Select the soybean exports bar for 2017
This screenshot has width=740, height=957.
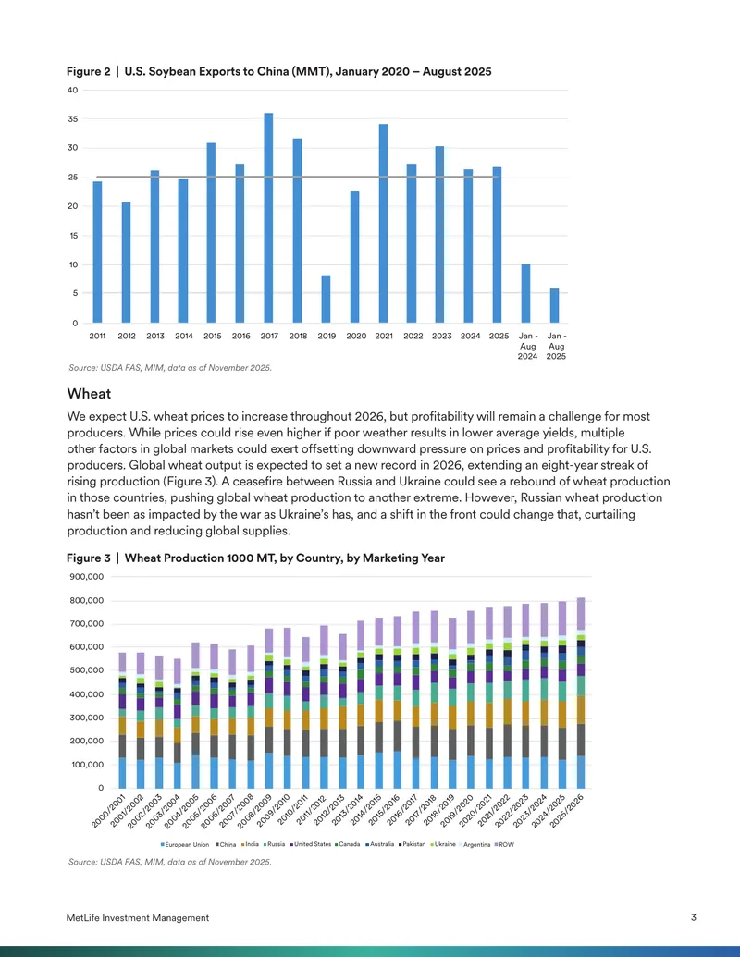268,218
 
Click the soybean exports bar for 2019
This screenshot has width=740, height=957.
326,299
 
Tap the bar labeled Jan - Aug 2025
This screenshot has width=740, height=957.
554,306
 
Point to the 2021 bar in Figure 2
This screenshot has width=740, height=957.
383,224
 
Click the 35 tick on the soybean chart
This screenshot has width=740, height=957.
73,119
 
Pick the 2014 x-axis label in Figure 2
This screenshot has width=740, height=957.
184,336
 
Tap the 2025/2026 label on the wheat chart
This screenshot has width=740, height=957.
567,811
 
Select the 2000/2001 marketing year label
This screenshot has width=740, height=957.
108,811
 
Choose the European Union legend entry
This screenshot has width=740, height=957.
184,845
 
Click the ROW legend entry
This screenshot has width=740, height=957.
504,845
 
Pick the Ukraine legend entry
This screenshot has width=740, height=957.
443,845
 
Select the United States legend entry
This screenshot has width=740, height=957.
311,845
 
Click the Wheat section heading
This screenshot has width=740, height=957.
89,394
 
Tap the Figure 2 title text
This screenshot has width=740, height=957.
279,71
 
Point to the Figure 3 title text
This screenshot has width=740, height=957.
256,558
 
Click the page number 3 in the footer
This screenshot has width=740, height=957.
694,917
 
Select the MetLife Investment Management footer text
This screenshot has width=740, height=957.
138,917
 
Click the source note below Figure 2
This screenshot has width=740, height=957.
169,368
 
